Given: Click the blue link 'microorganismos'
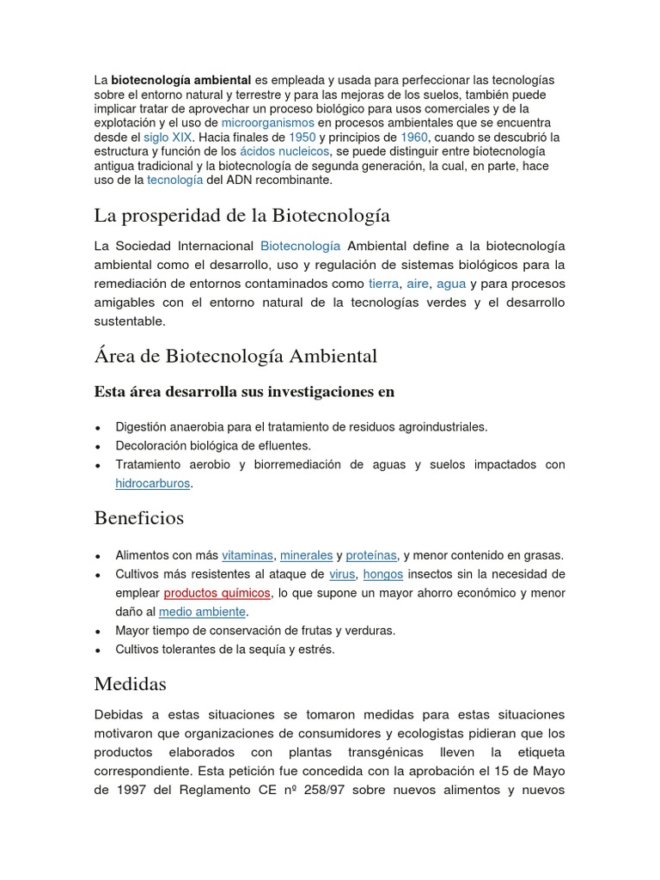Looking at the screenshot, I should pyautogui.click(x=268, y=123).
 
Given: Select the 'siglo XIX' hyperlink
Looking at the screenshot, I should pyautogui.click(x=168, y=137).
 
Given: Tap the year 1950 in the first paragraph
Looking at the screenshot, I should pyautogui.click(x=302, y=137).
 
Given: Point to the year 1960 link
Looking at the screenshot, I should pyautogui.click(x=414, y=137).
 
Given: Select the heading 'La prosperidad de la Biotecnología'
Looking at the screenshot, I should pyautogui.click(x=241, y=214).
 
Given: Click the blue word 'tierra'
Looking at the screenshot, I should pyautogui.click(x=383, y=284).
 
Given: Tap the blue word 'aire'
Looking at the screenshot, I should pyautogui.click(x=418, y=284).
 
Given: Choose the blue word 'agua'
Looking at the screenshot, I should pyautogui.click(x=451, y=284).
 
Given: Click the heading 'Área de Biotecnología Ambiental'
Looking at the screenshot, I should pyautogui.click(x=235, y=355).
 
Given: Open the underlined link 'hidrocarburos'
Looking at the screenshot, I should pyautogui.click(x=153, y=483).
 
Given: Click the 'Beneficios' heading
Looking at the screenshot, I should pyautogui.click(x=138, y=518).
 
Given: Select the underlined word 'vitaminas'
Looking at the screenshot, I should pyautogui.click(x=247, y=555).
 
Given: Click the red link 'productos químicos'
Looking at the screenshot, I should pyautogui.click(x=217, y=593).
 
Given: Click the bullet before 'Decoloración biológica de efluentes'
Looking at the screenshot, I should pyautogui.click(x=100, y=446).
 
